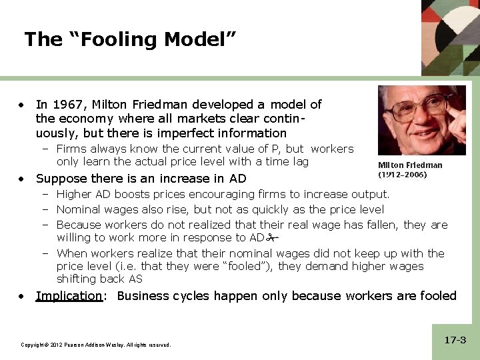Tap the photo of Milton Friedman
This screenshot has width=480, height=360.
421,121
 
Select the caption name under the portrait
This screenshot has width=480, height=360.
410,165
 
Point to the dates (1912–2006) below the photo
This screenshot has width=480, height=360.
403,175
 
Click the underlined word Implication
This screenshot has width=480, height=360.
69,295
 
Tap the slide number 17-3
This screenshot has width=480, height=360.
455,340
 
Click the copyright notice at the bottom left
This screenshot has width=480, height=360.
96,345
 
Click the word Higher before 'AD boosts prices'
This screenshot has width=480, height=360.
75,194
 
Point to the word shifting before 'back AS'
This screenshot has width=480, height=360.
78,279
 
